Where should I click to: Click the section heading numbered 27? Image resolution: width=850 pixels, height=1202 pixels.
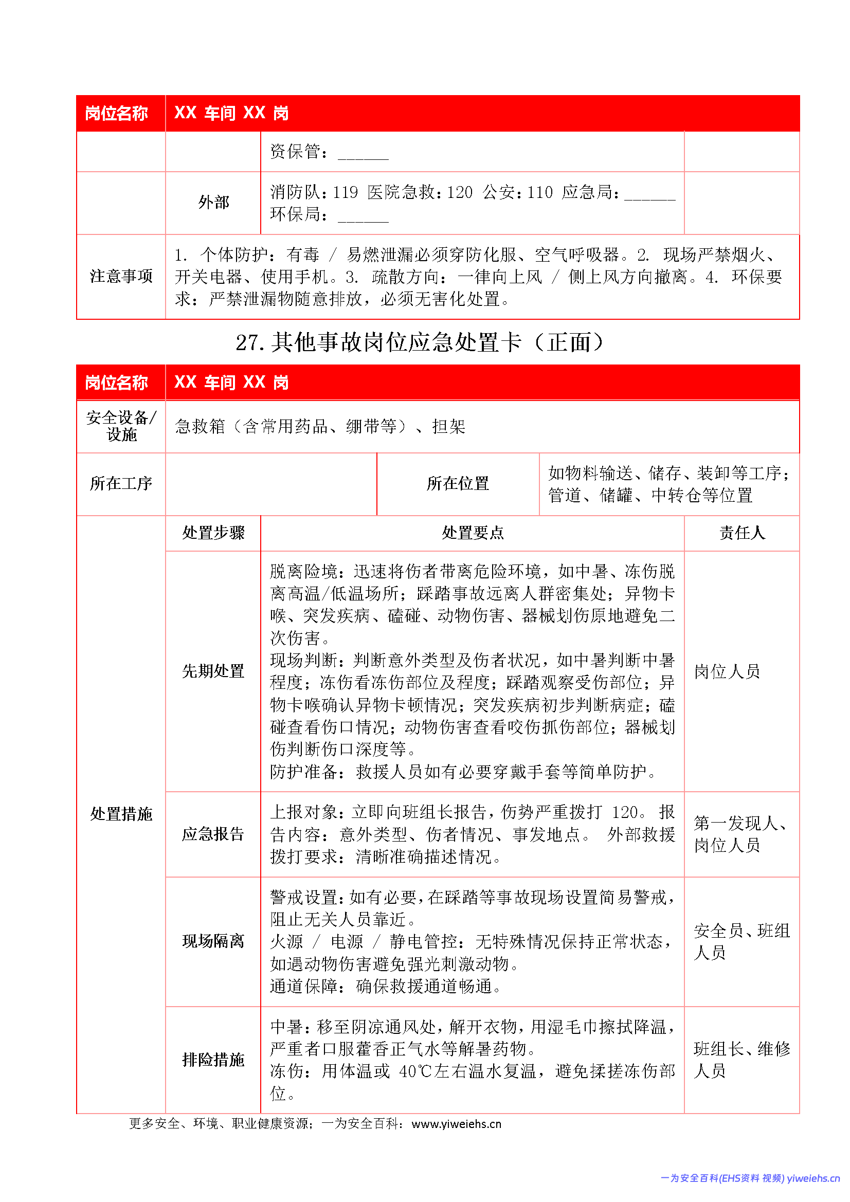coord(420,343)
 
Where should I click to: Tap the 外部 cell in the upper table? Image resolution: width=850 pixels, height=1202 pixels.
coord(213,202)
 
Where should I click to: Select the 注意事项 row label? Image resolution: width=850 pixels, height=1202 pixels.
coord(121,277)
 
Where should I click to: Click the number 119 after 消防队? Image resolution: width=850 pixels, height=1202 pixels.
coord(345,193)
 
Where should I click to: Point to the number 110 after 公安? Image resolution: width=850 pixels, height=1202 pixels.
coord(539,193)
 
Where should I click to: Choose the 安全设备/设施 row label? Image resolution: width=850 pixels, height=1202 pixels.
coord(121,426)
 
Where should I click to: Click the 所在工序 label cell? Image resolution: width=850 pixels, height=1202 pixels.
coord(121,483)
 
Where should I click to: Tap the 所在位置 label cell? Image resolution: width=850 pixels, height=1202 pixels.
coord(457,483)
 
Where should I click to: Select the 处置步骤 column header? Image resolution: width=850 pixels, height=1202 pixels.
coord(213,533)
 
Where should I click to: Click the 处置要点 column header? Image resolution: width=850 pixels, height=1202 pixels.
coord(472,533)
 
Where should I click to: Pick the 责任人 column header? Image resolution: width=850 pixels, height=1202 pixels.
coord(742,533)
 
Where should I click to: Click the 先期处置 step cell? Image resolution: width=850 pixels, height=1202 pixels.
coord(213,671)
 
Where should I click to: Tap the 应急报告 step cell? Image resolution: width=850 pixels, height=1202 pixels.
coord(213,834)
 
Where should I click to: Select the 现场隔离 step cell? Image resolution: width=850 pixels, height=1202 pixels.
coord(213,941)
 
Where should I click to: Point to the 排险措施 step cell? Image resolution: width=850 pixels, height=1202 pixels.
coord(213,1060)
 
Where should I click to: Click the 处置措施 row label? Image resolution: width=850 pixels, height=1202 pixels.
coord(121,814)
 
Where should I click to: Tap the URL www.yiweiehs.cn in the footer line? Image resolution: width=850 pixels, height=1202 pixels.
coord(456,1124)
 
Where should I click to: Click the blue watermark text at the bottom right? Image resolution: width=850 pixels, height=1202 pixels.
coord(749,1178)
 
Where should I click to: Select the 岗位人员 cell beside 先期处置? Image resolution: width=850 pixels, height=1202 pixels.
coord(727,671)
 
